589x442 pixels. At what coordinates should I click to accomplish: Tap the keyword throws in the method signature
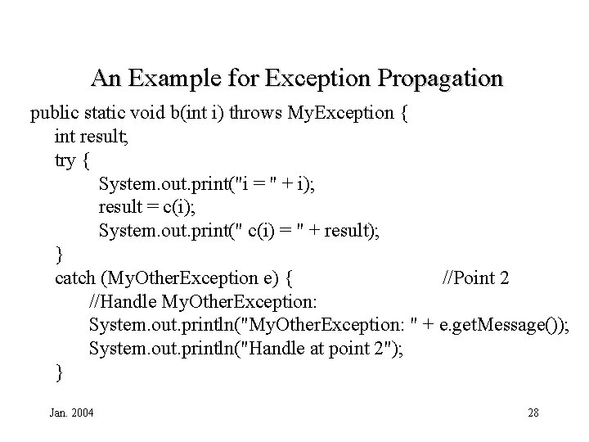[x=257, y=113]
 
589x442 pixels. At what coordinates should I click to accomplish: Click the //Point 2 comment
[x=475, y=278]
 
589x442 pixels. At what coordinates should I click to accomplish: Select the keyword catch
[x=74, y=278]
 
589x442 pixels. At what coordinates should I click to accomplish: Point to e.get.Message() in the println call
[x=498, y=326]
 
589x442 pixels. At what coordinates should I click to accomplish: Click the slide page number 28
[x=533, y=412]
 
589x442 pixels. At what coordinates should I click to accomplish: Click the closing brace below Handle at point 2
[x=59, y=373]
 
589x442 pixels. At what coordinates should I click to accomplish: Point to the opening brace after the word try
[x=87, y=161]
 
